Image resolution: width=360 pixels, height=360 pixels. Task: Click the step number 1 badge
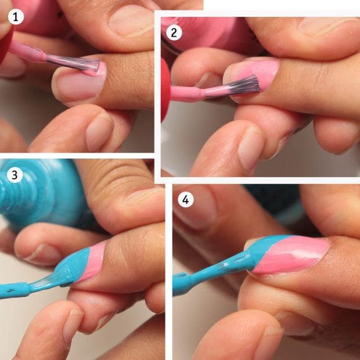point(16,17)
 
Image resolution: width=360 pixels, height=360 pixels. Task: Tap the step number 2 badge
point(174,33)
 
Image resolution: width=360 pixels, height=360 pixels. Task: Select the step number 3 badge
point(15,175)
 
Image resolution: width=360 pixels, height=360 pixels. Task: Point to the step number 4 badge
point(185,200)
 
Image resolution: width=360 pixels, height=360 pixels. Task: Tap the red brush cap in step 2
point(165,89)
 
